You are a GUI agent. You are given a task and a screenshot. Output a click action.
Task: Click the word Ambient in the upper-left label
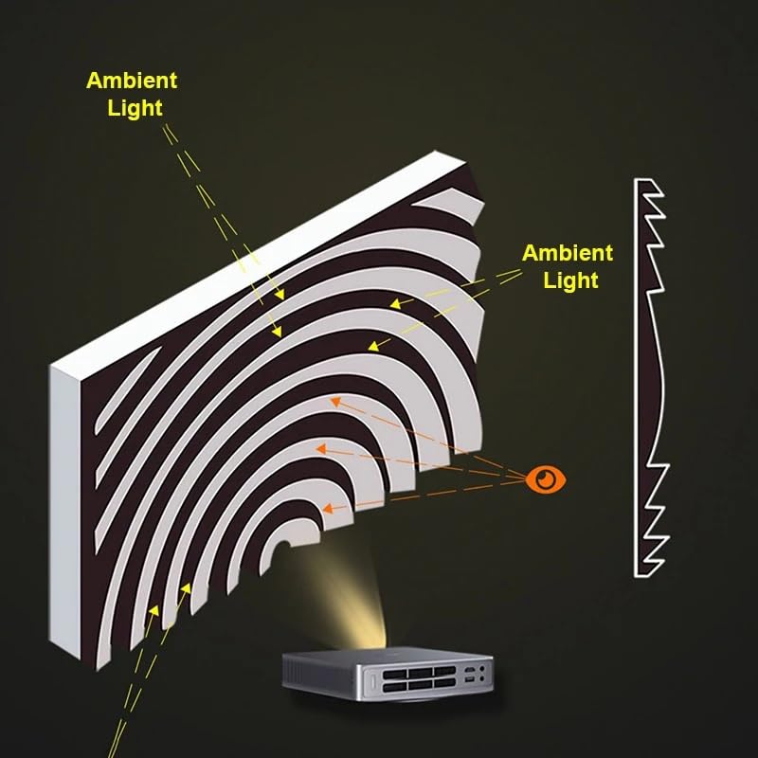point(132,81)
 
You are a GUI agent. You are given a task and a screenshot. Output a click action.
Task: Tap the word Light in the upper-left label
point(135,108)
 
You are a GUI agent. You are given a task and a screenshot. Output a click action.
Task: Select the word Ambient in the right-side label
point(568,253)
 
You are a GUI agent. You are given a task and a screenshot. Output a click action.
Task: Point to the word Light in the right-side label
point(571,280)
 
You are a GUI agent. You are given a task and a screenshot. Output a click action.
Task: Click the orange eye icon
point(546,479)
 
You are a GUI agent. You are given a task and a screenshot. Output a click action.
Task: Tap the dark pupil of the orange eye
point(547,479)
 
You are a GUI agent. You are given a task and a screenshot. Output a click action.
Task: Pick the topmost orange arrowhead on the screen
point(335,402)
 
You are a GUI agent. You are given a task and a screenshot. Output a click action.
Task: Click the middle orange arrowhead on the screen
point(321,449)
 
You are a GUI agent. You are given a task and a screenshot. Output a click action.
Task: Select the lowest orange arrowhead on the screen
point(328,509)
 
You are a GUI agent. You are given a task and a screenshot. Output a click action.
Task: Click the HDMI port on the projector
point(469,670)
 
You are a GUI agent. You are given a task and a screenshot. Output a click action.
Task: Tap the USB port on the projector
point(468,680)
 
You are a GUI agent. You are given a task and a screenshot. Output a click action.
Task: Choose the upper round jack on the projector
point(482,669)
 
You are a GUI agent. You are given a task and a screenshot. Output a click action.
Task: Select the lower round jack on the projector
point(481,678)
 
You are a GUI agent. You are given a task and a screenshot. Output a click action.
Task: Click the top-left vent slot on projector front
point(394,674)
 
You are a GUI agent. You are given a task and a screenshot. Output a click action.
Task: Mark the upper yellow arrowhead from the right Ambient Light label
point(395,304)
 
